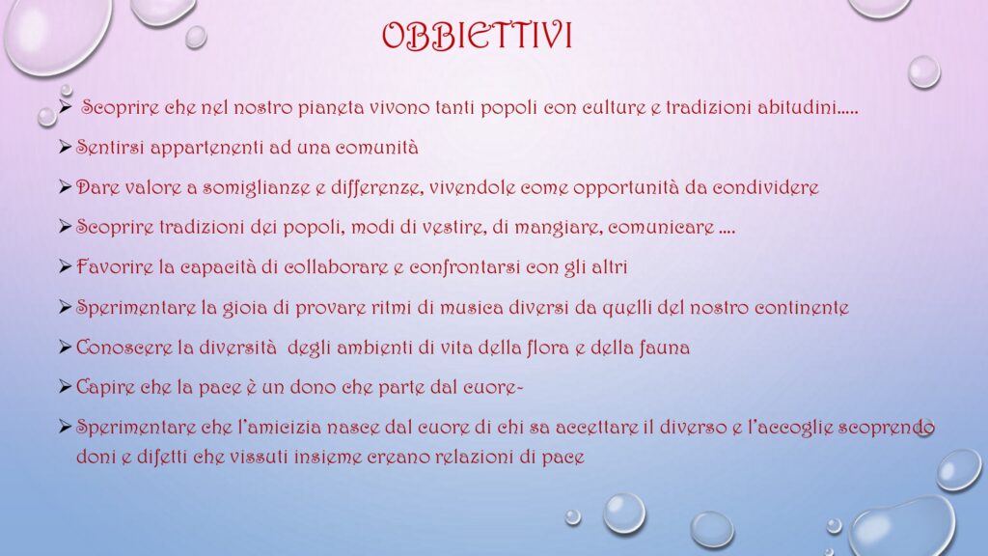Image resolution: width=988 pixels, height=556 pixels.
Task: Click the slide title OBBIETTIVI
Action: click(477, 36)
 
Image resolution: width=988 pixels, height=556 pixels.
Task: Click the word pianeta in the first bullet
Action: click(331, 108)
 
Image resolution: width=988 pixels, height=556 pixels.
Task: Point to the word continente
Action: click(802, 308)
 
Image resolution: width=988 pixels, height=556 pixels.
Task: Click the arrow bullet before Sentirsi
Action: click(65, 148)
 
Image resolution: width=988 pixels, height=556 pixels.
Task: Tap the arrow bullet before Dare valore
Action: click(65, 187)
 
